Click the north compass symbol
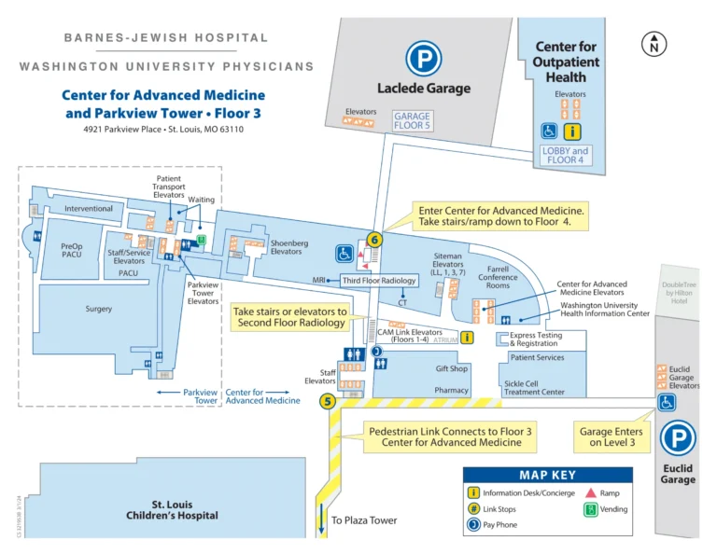pos(654,43)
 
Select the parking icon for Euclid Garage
pos(678,439)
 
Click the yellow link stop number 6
pos(375,239)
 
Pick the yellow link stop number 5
pos(327,402)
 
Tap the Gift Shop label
pos(452,368)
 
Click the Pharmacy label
pos(452,391)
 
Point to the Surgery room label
pos(98,309)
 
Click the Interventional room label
pos(89,209)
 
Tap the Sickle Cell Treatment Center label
pos(535,387)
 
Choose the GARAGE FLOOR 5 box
pos(412,121)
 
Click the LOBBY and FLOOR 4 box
pos(567,155)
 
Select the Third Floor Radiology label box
pos(379,280)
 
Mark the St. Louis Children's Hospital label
pos(173,509)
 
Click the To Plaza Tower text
pos(364,520)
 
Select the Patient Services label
pos(537,358)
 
